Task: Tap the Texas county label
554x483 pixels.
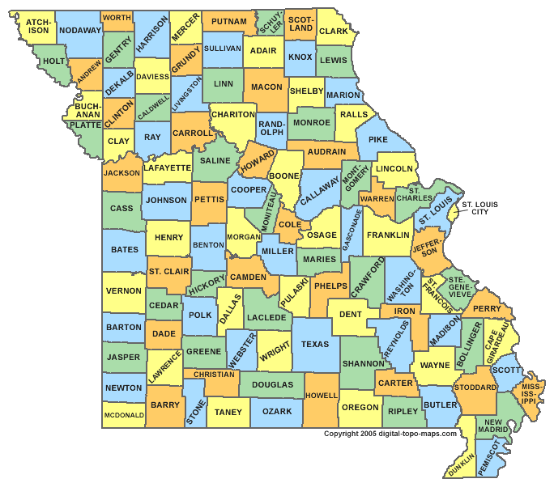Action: pyautogui.click(x=315, y=345)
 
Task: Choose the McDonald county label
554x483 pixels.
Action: pyautogui.click(x=124, y=415)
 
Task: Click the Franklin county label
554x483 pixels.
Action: pyautogui.click(x=388, y=235)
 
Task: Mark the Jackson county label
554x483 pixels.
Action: pyautogui.click(x=121, y=172)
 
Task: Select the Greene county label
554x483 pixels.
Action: pyautogui.click(x=203, y=352)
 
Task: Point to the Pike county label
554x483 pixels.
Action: pyautogui.click(x=378, y=140)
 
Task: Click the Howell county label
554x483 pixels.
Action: pyautogui.click(x=321, y=396)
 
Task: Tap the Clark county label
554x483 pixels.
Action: pyautogui.click(x=333, y=32)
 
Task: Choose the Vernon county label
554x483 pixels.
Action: pyautogui.click(x=123, y=290)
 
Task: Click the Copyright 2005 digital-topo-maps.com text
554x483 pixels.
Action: pyautogui.click(x=390, y=434)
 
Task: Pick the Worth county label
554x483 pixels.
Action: pyautogui.click(x=117, y=17)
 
